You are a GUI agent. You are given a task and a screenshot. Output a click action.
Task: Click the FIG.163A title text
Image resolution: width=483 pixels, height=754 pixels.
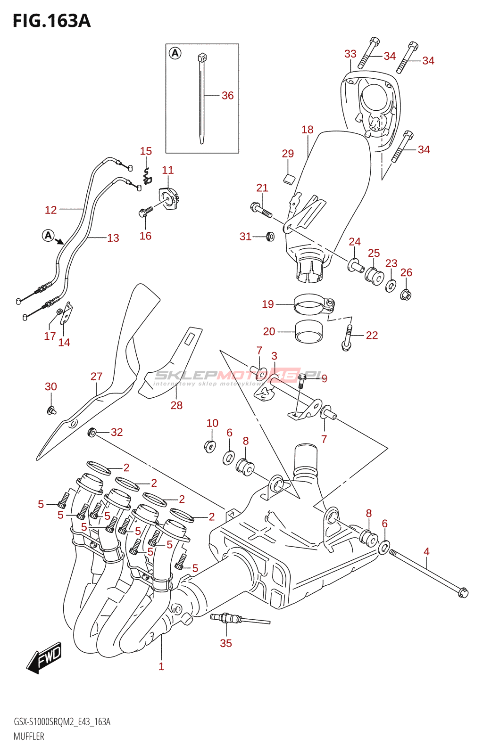tap(51, 21)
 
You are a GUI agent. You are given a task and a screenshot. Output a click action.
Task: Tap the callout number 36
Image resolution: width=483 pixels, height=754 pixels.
tap(227, 96)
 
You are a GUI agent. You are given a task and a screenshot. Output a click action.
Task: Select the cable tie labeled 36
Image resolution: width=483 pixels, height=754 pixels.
tap(202, 99)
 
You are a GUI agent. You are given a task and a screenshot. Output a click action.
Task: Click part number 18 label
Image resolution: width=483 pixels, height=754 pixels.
tap(308, 130)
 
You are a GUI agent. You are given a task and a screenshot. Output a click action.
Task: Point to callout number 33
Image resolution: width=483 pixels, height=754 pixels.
tap(350, 54)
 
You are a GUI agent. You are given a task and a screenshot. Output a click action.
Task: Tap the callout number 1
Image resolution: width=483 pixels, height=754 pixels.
tap(161, 666)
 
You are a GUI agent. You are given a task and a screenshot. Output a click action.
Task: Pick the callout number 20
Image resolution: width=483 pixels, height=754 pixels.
tap(269, 332)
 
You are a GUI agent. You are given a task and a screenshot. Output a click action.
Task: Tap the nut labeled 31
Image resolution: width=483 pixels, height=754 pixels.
tap(270, 236)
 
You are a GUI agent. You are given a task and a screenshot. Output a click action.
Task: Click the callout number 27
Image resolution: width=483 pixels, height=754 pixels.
tap(97, 377)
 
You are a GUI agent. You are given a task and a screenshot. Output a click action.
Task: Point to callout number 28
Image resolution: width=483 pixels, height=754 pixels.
tap(176, 405)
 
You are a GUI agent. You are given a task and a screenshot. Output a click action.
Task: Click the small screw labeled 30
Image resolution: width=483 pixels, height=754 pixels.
tap(51, 410)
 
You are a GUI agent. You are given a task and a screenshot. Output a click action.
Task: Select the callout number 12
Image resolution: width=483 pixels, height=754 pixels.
tap(51, 210)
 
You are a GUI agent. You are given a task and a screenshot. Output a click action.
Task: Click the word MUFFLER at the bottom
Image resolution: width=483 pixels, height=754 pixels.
tap(29, 737)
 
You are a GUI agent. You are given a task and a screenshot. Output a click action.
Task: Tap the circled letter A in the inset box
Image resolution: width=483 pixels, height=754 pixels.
tap(175, 53)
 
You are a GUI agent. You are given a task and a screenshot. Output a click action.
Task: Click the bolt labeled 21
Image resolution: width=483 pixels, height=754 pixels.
tap(261, 210)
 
